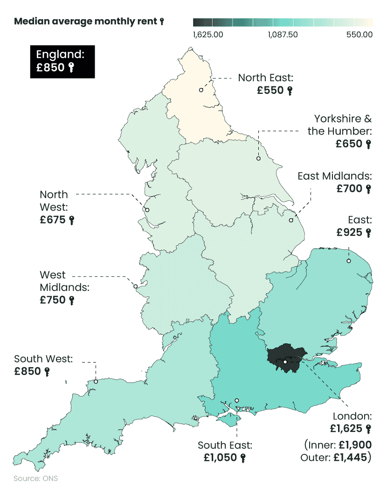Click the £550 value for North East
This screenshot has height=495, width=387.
pyautogui.click(x=270, y=91)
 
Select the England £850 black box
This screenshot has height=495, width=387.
pyautogui.click(x=62, y=61)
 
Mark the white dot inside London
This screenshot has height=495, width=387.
pyautogui.click(x=285, y=362)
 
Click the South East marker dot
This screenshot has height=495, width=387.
pyautogui.click(x=237, y=400)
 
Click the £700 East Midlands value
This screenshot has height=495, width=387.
pyautogui.click(x=349, y=189)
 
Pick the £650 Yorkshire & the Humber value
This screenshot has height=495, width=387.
pyautogui.click(x=349, y=144)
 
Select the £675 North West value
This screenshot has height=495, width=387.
pyautogui.click(x=53, y=220)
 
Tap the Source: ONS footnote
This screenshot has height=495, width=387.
pyautogui.click(x=36, y=479)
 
